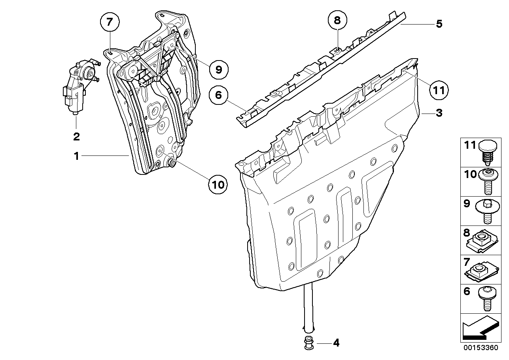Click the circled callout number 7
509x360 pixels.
110,23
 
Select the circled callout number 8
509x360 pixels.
337,21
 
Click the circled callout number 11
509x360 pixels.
439,90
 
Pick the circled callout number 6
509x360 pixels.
218,95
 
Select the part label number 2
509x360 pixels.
76,137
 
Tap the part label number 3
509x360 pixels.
439,113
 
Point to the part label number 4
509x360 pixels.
336,343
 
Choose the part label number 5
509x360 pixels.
439,24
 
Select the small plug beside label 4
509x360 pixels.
308,343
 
